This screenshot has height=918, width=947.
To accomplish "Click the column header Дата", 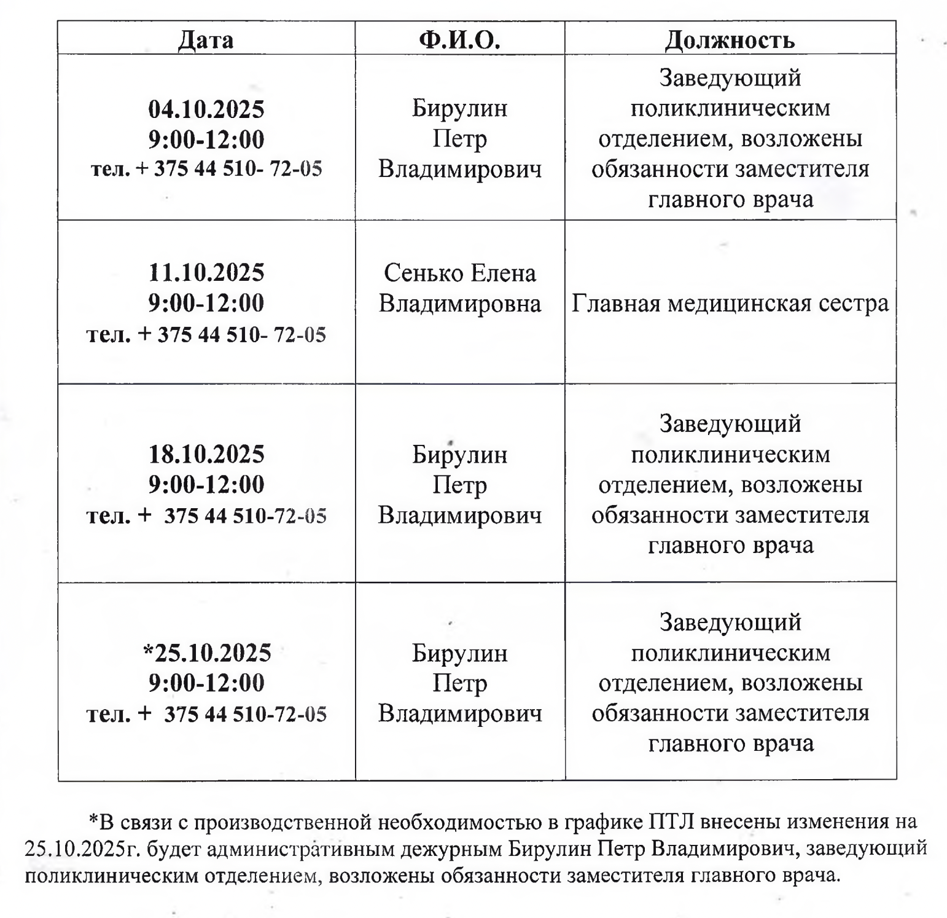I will [x=206, y=40].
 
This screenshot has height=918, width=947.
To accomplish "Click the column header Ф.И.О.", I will [x=459, y=40].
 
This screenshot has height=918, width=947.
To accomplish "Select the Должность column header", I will [x=730, y=40].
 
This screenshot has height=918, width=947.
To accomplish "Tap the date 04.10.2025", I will [x=206, y=109].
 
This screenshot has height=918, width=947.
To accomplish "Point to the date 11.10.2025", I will [x=206, y=272].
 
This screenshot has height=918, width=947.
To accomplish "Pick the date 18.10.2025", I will [x=206, y=454].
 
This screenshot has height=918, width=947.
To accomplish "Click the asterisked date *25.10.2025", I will [x=206, y=653].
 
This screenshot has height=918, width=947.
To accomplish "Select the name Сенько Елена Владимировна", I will [x=459, y=288].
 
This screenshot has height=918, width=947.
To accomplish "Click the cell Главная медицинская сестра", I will [x=730, y=304].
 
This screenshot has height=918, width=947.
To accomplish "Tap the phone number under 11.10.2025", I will [x=206, y=335].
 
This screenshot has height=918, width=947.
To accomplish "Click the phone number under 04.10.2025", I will [x=206, y=169].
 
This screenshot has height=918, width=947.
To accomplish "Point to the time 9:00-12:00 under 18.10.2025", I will [x=206, y=485].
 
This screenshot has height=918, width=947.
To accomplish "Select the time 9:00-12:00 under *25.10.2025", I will [x=206, y=683].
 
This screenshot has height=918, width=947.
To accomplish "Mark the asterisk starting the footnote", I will [x=93, y=820].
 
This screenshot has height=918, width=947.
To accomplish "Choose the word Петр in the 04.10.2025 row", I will [x=459, y=139].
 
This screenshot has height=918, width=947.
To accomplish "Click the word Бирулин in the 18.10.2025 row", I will [x=459, y=455].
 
